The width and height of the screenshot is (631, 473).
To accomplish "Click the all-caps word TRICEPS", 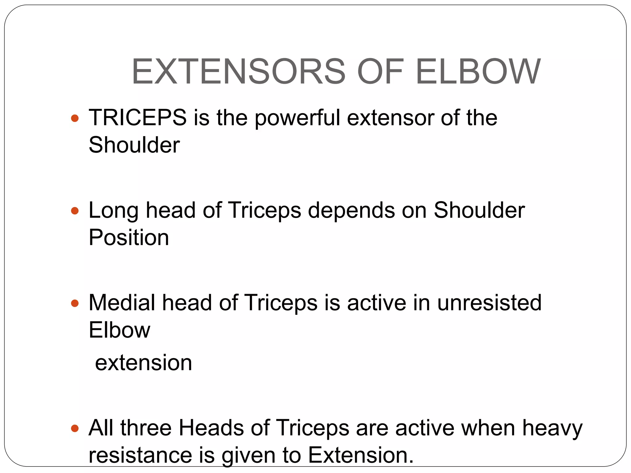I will pyautogui.click(x=138, y=118).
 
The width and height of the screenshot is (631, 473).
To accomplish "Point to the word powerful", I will pyautogui.click(x=297, y=118).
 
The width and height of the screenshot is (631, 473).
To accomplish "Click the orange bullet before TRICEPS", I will pyautogui.click(x=75, y=118).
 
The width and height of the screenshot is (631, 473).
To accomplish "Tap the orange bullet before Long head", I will pyautogui.click(x=75, y=211).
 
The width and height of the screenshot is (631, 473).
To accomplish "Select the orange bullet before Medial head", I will pyautogui.click(x=75, y=304).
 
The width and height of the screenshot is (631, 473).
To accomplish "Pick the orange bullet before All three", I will pyautogui.click(x=75, y=428).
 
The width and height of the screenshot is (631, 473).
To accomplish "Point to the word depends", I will pyautogui.click(x=351, y=211).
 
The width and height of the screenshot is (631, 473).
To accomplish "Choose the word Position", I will pyautogui.click(x=129, y=238).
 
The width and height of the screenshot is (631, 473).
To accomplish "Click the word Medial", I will pyautogui.click(x=122, y=303).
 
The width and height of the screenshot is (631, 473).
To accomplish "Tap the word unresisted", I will pyautogui.click(x=489, y=303).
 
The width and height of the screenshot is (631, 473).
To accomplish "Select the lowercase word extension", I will pyautogui.click(x=143, y=363).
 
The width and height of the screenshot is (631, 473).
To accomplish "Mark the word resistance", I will pyautogui.click(x=140, y=455).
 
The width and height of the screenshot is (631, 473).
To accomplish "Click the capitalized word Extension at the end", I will pyautogui.click(x=361, y=455).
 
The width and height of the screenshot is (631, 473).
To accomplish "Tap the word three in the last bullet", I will pyautogui.click(x=146, y=428).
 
